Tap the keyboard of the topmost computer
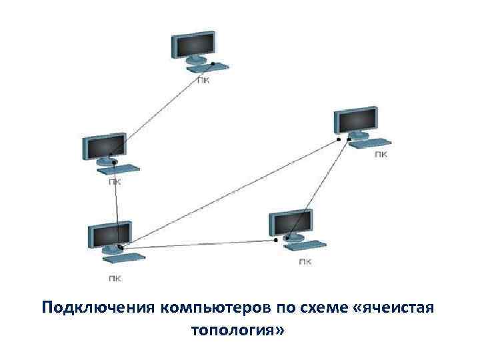[207, 67]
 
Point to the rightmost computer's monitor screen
[356, 119]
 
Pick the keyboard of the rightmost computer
[370, 142]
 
